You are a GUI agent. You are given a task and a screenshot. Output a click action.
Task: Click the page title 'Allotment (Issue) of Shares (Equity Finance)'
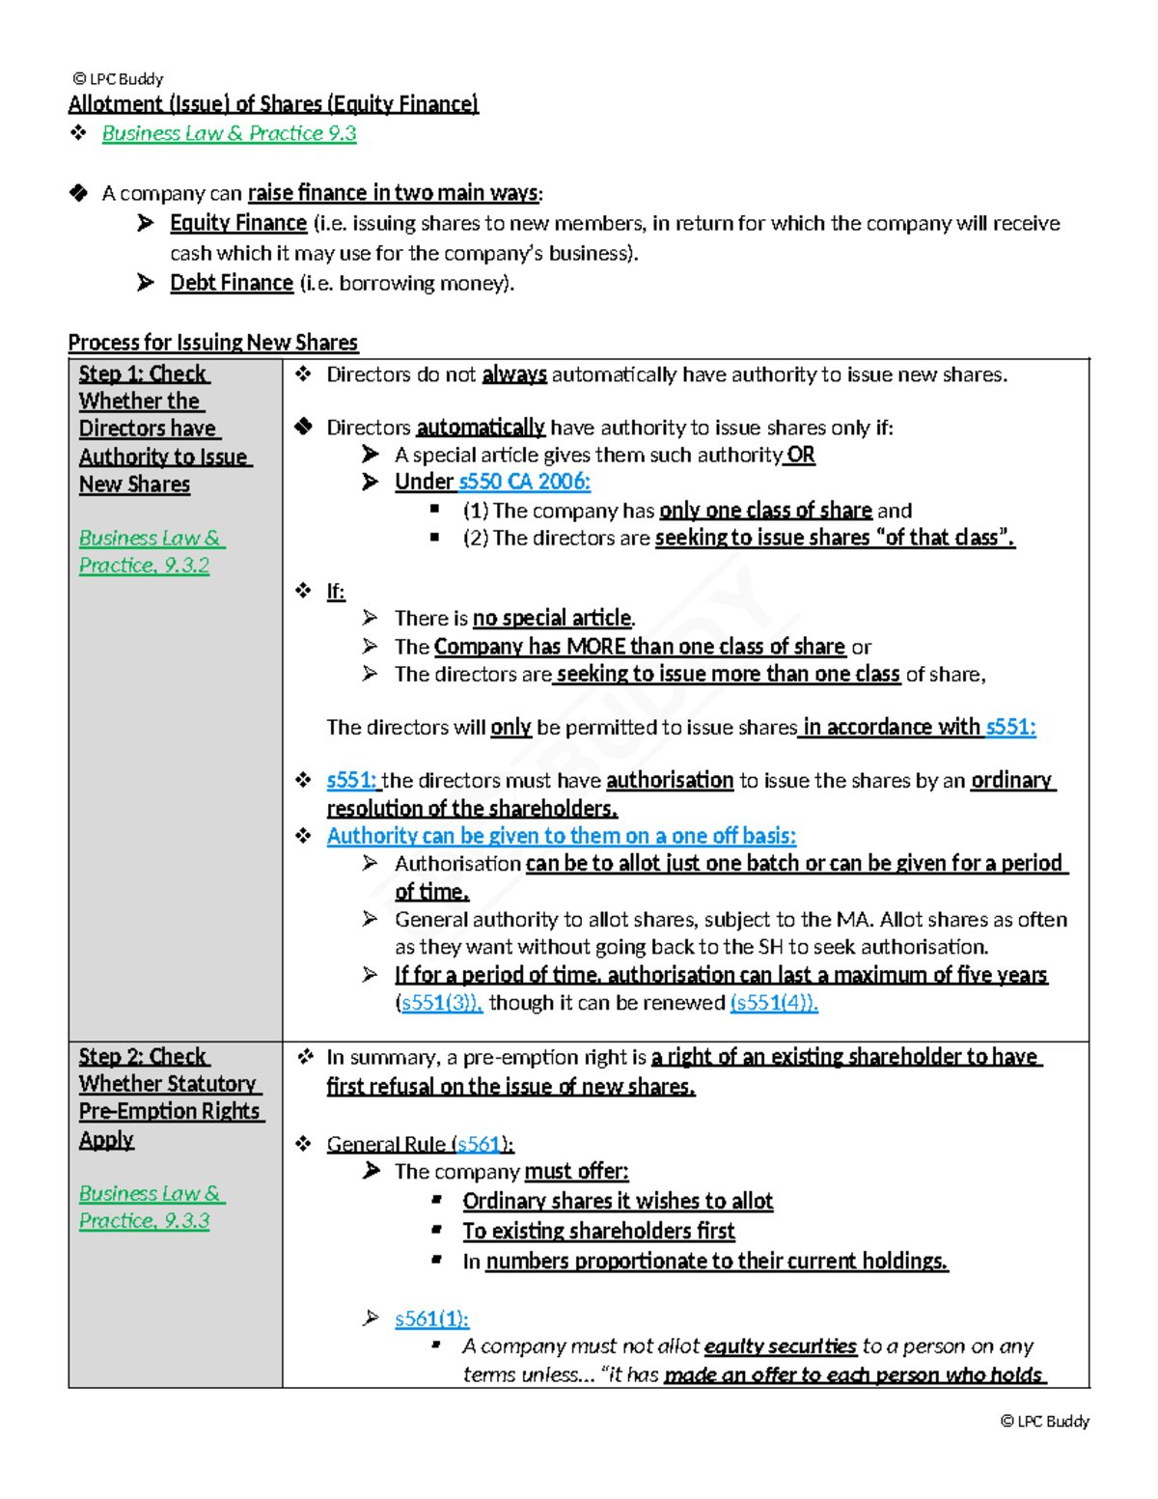click(273, 104)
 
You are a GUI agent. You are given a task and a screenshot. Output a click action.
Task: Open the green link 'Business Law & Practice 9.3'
click(229, 133)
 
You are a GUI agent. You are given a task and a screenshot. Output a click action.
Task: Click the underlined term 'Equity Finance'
click(238, 223)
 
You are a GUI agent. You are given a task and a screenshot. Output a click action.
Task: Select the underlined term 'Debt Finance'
click(232, 283)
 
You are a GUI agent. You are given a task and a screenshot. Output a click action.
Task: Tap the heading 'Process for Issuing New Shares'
click(212, 343)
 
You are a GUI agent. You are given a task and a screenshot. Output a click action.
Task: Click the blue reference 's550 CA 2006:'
click(524, 482)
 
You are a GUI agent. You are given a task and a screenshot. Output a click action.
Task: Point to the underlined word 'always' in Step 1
click(513, 375)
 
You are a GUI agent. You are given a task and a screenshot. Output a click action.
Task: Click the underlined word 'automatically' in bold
click(480, 428)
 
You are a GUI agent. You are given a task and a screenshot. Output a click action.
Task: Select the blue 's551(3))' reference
click(441, 1003)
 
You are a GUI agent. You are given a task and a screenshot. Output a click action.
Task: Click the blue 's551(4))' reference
click(774, 1003)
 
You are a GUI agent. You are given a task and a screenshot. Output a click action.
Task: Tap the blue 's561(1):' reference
click(431, 1319)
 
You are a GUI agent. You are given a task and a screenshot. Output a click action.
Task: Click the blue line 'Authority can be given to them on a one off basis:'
click(561, 836)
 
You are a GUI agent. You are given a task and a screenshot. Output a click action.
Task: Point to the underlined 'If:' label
click(335, 592)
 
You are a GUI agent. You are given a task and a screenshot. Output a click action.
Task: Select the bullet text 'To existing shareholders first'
click(598, 1231)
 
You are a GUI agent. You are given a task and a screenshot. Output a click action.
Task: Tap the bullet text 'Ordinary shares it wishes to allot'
click(618, 1201)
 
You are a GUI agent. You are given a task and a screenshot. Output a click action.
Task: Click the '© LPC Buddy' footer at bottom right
click(1044, 1421)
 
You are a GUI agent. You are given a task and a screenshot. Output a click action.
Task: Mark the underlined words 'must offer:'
click(576, 1172)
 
